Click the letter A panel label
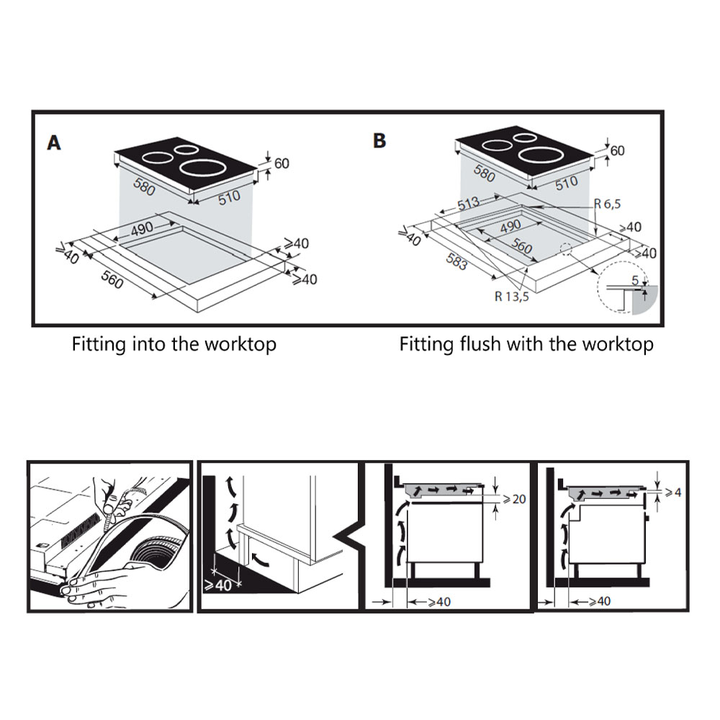tap(54, 143)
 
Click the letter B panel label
tap(379, 140)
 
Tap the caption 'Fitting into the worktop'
tap(174, 344)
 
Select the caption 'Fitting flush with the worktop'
tap(526, 344)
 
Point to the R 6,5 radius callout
tap(607, 204)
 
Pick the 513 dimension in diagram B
tap(469, 204)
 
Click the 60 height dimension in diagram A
tap(281, 163)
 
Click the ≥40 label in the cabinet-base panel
tap(220, 585)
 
